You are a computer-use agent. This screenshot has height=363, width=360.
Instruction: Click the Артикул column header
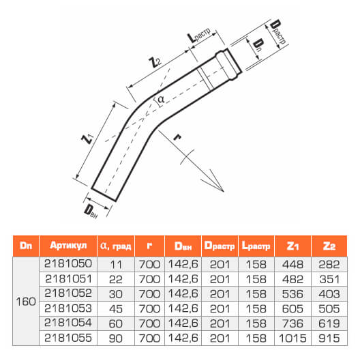click(68, 246)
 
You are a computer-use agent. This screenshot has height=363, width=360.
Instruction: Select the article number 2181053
click(68, 308)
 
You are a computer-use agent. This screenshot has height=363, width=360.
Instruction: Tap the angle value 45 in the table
click(116, 309)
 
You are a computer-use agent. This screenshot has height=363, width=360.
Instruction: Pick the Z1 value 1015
click(292, 338)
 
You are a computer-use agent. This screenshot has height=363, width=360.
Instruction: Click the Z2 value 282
click(329, 264)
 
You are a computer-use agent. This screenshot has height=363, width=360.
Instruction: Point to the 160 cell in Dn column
click(26, 302)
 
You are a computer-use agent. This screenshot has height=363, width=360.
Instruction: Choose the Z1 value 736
click(292, 323)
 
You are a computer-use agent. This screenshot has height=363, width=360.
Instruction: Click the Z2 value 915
click(329, 338)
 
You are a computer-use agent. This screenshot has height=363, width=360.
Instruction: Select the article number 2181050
click(68, 263)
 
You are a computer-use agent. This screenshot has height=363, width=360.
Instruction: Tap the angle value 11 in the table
click(116, 265)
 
